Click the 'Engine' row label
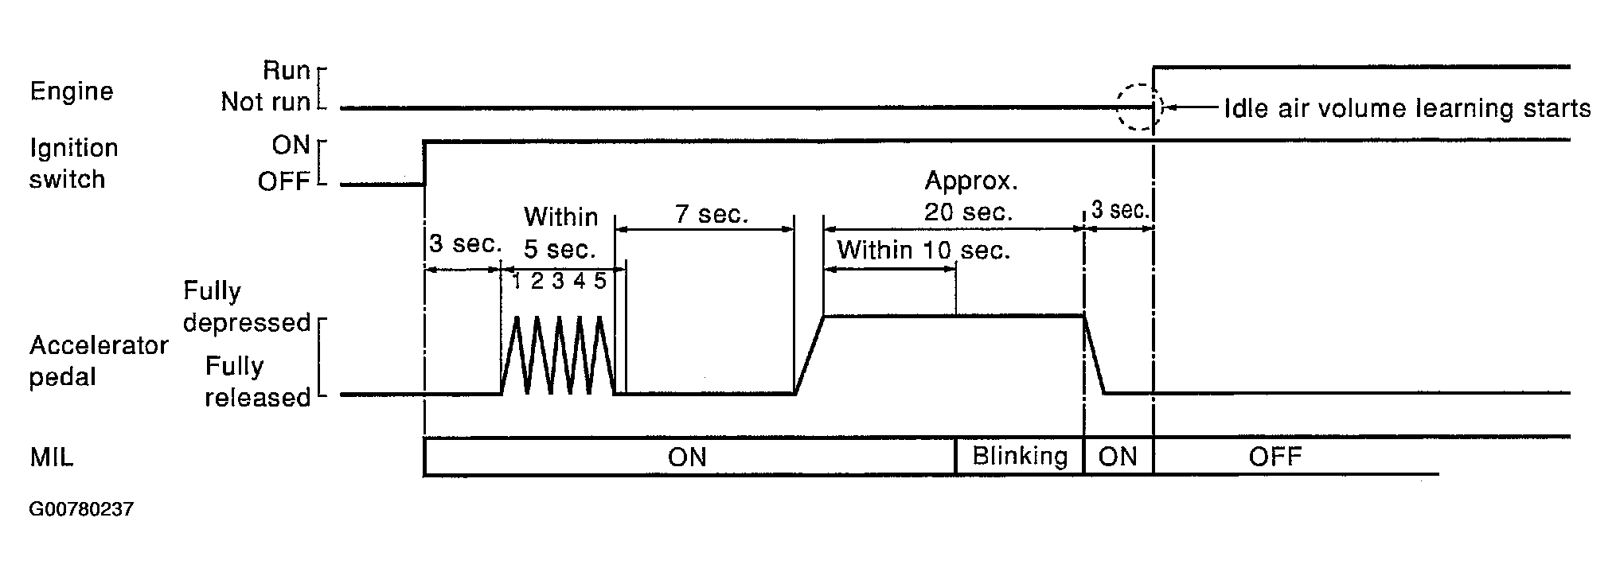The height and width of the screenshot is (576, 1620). click(x=72, y=91)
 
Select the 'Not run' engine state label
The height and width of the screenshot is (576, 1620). click(x=265, y=103)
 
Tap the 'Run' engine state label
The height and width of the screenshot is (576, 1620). click(x=286, y=71)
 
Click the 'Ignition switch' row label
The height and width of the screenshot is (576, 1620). click(x=73, y=164)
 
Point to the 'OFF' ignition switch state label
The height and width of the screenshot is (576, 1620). click(x=283, y=182)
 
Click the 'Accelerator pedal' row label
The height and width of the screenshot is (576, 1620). click(x=98, y=360)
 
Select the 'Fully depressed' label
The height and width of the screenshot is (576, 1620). click(x=246, y=306)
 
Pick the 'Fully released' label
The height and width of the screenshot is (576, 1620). click(x=257, y=382)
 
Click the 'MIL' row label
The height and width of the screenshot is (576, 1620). click(x=51, y=457)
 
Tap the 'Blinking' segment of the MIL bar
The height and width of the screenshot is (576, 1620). click(x=1020, y=457)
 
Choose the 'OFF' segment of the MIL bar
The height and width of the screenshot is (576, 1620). click(x=1275, y=457)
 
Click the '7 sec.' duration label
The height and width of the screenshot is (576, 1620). click(x=712, y=214)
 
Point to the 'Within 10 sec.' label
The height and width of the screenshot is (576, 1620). click(x=923, y=251)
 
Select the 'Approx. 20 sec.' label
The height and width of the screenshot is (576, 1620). click(x=970, y=197)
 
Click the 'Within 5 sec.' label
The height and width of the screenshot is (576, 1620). click(x=560, y=232)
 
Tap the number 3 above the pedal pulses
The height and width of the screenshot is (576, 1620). click(x=558, y=281)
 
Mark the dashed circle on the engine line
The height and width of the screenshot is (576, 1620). click(x=1137, y=107)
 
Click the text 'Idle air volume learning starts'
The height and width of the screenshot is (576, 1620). click(x=1407, y=108)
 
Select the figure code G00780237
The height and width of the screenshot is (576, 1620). click(x=81, y=509)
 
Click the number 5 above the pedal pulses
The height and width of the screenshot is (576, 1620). click(x=599, y=281)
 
